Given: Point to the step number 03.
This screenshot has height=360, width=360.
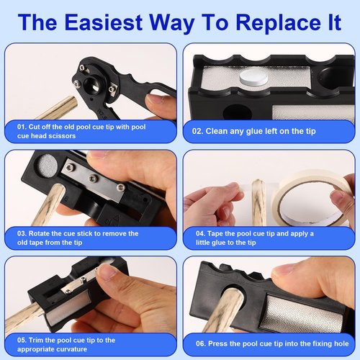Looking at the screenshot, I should [22, 233].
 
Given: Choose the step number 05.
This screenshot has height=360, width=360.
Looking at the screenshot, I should [22, 339].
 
